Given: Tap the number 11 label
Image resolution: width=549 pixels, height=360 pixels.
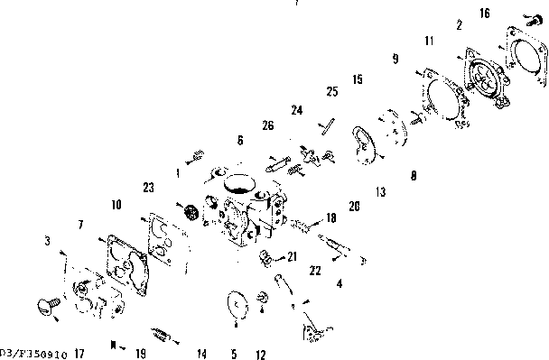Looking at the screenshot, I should point(429,41).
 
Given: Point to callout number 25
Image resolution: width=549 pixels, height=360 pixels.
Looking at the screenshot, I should point(331,92).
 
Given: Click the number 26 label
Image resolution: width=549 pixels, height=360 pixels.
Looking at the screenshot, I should point(268,125).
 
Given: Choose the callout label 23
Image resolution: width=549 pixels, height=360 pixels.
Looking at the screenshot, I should point(148,189).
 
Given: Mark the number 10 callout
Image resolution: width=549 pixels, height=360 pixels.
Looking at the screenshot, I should point(116,205).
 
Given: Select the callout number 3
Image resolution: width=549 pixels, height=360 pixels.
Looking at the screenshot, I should point(46,241).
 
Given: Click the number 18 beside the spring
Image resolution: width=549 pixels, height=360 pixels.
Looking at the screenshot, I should point(330,217).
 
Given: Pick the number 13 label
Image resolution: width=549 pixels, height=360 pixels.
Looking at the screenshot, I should point(380,192).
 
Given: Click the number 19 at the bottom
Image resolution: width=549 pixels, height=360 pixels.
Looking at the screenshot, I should point(140,354).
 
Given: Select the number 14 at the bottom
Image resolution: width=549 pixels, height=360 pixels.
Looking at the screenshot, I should point(201,354).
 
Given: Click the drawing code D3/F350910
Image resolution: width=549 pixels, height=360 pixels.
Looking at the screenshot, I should point(32,354).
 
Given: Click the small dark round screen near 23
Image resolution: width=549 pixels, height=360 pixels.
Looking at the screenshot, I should point(191,214).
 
